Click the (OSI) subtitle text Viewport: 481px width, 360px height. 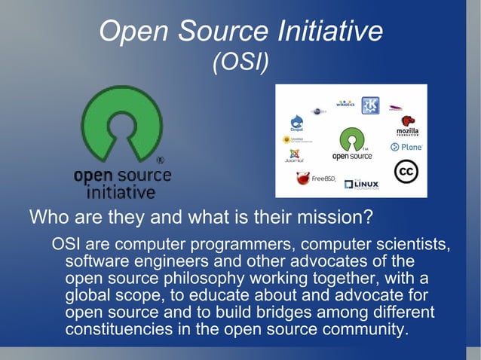click(x=240, y=62)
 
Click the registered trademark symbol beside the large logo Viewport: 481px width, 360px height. click(x=161, y=160)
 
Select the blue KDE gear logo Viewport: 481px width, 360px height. click(x=370, y=105)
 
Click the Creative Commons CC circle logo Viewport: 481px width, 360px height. click(x=406, y=172)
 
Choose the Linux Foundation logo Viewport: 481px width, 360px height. click(x=362, y=184)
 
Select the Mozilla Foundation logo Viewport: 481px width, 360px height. click(x=407, y=126)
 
